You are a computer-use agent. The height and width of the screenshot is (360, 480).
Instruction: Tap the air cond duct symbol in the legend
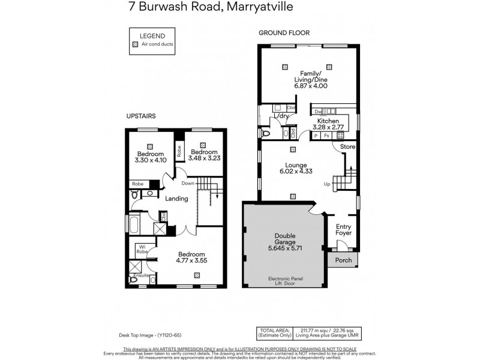[x=136, y=44]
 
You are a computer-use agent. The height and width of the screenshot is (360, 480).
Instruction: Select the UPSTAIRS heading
[x=142, y=115]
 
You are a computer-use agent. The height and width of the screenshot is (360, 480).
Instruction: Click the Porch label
[x=344, y=260]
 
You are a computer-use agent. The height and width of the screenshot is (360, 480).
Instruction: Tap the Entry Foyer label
[x=343, y=229]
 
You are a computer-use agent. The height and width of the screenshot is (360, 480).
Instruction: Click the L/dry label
[x=281, y=116]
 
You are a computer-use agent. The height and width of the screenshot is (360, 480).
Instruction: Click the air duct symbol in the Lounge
[x=293, y=195]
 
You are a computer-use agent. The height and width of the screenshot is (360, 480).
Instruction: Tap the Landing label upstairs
[x=177, y=199]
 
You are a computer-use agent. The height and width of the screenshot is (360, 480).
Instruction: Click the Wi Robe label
[x=142, y=248]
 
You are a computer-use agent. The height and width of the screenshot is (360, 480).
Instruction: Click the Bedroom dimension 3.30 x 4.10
[x=151, y=160]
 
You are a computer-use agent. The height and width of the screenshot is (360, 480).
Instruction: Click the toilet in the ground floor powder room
[x=266, y=134]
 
